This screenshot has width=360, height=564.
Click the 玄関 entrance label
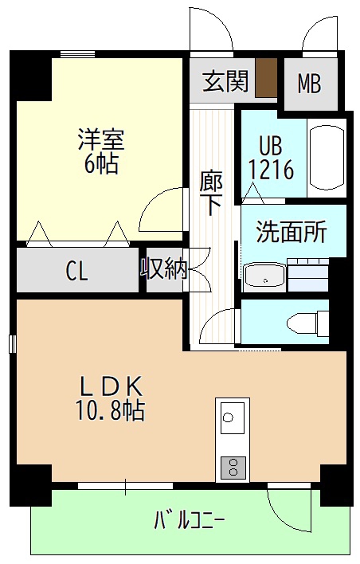pos(225,81)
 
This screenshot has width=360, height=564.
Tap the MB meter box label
pos(309,84)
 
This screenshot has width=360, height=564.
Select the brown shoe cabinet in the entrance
pos(266,77)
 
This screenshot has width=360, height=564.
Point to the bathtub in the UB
pos(326,157)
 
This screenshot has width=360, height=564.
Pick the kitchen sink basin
pos(233,418)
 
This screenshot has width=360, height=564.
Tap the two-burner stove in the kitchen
pos(233,468)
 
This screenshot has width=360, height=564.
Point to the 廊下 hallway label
pos(212,193)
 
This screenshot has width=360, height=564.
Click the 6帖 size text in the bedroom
pos(101,165)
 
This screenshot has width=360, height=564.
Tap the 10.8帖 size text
pos(110,411)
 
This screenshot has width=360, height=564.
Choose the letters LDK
pos(112,386)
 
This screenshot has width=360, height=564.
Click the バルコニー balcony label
pos(190,520)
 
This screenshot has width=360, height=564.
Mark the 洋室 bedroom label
pos(101,139)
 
